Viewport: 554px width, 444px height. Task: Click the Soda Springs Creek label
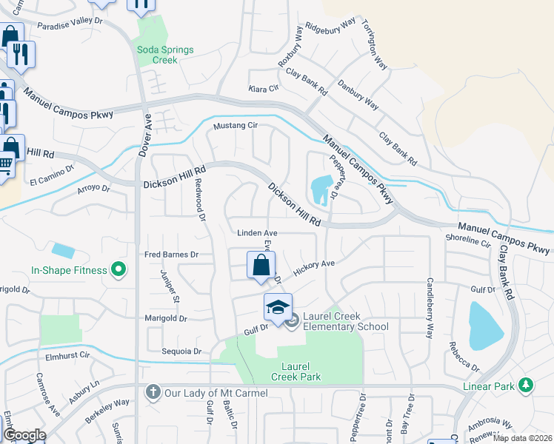tap(164, 55)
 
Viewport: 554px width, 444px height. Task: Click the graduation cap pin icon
tap(278, 307)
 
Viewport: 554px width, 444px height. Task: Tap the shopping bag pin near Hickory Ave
tap(261, 265)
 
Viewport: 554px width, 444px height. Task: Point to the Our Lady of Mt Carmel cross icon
tap(153, 392)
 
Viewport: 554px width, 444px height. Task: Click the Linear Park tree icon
tap(526, 384)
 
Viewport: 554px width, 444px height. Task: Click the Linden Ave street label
tap(256, 232)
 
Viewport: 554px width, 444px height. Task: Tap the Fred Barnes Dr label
tap(173, 255)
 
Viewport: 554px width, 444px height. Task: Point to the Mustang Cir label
tap(235, 126)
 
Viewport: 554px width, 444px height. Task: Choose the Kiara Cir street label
tap(263, 88)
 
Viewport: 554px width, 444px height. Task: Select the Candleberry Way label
tap(429, 308)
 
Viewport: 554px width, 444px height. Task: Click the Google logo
tap(24, 435)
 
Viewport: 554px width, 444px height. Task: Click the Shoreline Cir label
tap(468, 240)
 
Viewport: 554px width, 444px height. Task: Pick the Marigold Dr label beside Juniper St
tap(168, 318)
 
